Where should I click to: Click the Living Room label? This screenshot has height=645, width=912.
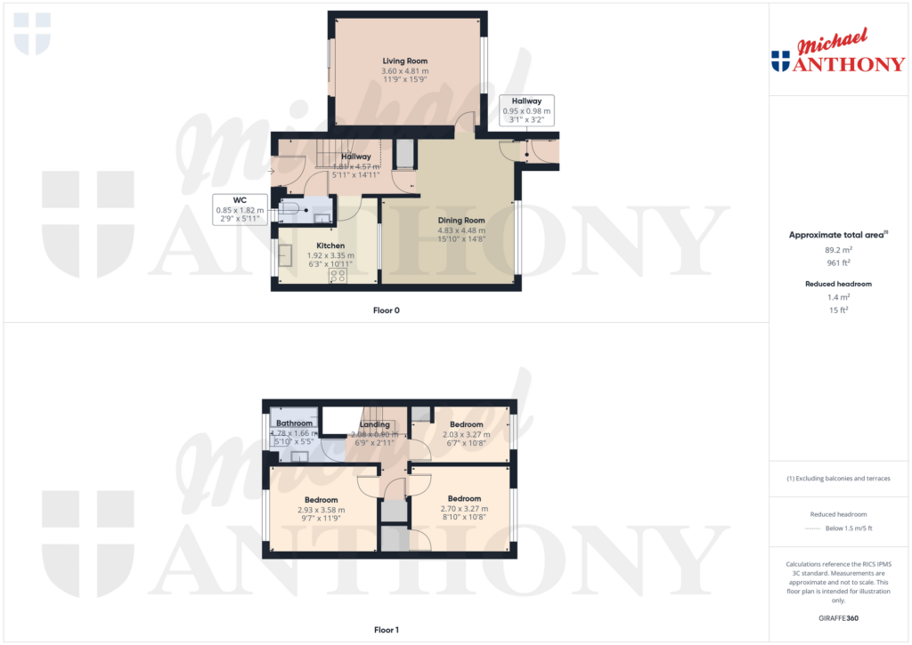coord(405,61)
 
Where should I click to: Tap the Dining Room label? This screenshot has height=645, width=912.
coord(460,220)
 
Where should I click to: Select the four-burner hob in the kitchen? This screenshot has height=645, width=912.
coord(338,276)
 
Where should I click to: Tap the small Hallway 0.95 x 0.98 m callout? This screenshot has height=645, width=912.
coord(526,110)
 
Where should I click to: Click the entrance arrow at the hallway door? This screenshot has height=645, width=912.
coord(272,172)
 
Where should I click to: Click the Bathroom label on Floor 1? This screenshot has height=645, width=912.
coord(294,423)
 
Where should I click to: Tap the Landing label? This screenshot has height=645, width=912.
coord(374,425)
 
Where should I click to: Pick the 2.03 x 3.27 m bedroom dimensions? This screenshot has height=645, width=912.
coord(466,434)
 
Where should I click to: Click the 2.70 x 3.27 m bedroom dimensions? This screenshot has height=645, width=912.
coord(464,509)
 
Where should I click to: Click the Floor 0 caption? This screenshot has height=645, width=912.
coord(386,310)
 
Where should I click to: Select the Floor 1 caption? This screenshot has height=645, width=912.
coord(386,630)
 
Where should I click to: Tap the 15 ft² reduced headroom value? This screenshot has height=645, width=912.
coord(837,310)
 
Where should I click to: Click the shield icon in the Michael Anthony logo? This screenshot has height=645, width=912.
coord(780,61)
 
